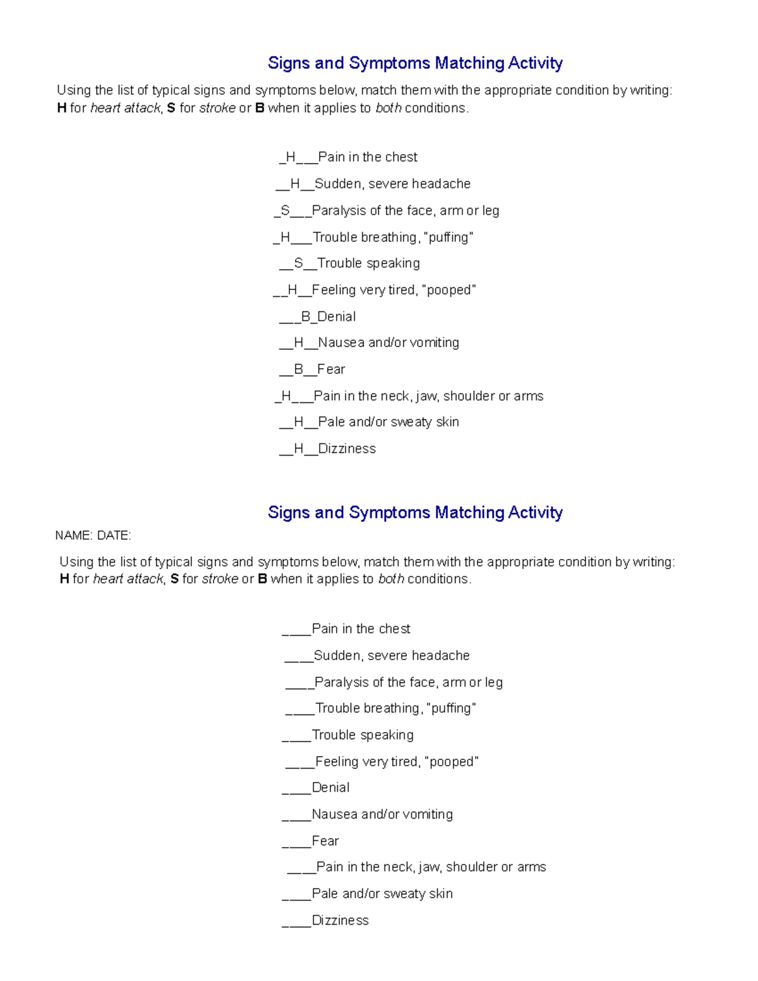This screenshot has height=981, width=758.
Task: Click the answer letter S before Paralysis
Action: pos(286,210)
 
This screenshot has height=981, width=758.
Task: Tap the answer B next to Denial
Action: pos(306,316)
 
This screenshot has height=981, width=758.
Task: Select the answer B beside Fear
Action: pos(299,369)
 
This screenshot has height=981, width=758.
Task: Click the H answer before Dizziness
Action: pos(299,448)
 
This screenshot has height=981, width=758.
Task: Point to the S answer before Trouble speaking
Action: pos(299,263)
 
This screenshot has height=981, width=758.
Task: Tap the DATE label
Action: pos(114,536)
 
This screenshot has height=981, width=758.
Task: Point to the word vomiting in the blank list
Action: pos(427,814)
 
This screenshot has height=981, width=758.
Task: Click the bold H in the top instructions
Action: pos(61,108)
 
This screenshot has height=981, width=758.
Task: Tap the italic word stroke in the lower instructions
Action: pos(220,579)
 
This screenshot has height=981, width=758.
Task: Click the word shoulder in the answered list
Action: pos(469,396)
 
